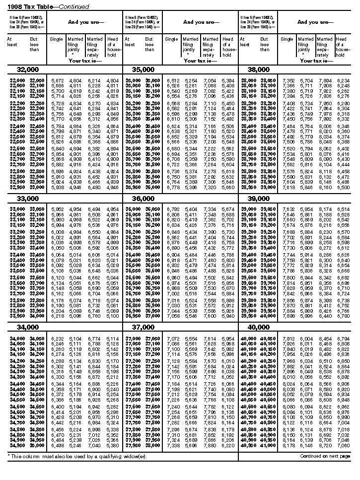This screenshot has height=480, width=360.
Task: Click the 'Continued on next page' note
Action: pyautogui.click(x=323, y=455)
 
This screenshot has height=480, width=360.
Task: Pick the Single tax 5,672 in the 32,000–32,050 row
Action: pyautogui.click(x=57, y=80)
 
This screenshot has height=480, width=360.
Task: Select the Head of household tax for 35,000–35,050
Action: pyautogui.click(x=227, y=80)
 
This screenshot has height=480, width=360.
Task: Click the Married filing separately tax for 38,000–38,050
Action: pyautogui.click(x=325, y=80)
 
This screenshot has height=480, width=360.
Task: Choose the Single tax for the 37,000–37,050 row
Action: pyautogui.click(x=173, y=339)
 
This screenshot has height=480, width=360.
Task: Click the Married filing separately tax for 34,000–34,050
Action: pyautogui.click(x=94, y=339)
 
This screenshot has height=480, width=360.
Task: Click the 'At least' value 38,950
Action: pyautogui.click(x=248, y=188)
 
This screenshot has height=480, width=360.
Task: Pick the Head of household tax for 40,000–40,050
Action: pyautogui.click(x=343, y=339)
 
